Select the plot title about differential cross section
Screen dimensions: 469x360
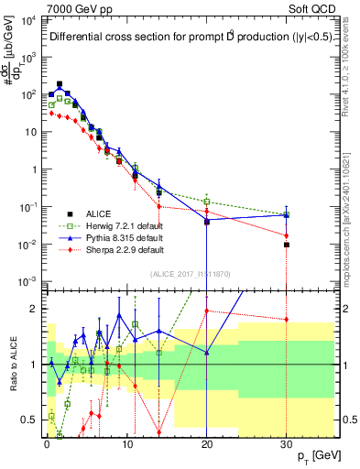[179, 38]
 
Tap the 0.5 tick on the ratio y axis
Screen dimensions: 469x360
[30, 420]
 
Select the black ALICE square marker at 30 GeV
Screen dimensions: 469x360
[287, 245]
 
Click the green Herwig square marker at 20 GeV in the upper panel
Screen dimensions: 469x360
[207, 202]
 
